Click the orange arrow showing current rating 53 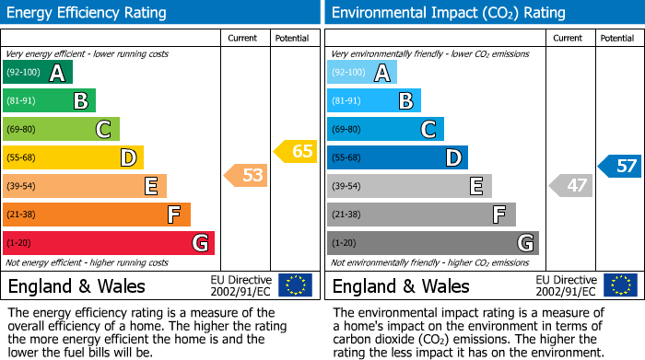(x=246, y=175)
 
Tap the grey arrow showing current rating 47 (x=570, y=186)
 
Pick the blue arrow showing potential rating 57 (x=619, y=167)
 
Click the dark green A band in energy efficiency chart (x=38, y=73)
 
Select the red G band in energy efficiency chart (x=109, y=243)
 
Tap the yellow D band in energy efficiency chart (x=73, y=157)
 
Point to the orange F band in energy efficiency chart (x=97, y=215)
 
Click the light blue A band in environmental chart (x=362, y=73)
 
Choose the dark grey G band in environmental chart (x=432, y=243)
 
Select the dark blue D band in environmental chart (x=397, y=157)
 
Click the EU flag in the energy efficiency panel (x=295, y=285)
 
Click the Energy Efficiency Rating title (x=88, y=13)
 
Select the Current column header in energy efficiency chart (x=243, y=38)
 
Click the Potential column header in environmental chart (x=617, y=38)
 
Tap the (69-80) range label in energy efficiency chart (x=23, y=130)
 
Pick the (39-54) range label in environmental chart (x=347, y=187)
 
